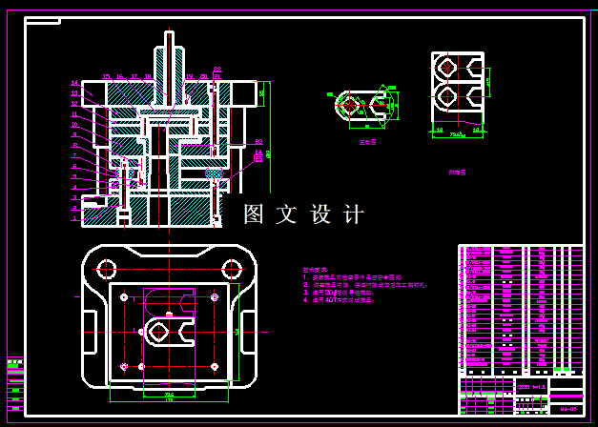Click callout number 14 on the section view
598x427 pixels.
[74, 83]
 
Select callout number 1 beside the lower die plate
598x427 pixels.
[74, 218]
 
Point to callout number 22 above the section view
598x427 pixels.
[217, 69]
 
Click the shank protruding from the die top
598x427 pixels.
[170, 52]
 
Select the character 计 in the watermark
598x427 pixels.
[354, 214]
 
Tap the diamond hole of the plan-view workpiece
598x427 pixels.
[158, 331]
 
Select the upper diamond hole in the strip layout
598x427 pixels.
[448, 67]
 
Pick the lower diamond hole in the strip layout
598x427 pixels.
[448, 96]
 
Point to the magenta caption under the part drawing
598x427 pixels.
[367, 141]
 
